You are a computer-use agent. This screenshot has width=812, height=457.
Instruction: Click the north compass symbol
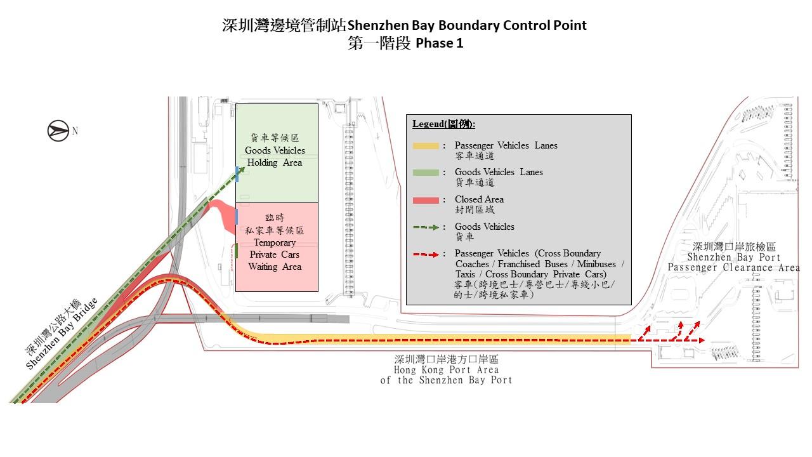(58, 131)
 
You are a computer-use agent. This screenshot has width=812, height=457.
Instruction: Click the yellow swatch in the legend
(426, 146)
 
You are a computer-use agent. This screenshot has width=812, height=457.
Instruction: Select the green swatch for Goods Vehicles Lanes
(426, 173)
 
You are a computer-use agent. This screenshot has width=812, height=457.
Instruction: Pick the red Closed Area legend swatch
(426, 200)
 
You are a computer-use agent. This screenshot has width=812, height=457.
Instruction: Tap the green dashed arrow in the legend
(426, 227)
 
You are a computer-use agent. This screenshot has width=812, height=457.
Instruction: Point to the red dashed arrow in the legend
(426, 254)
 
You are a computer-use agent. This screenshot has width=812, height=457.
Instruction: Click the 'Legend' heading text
(443, 124)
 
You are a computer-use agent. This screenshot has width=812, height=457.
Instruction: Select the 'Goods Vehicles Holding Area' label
(275, 156)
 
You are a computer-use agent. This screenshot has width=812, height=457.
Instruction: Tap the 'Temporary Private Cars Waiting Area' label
(275, 255)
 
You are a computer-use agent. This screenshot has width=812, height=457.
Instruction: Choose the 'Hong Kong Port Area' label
(446, 369)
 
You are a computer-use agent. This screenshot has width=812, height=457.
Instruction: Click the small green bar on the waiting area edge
(236, 251)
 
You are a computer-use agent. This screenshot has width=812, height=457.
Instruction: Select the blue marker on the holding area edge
(237, 173)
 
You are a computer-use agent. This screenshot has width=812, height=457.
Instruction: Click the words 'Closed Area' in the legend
(479, 199)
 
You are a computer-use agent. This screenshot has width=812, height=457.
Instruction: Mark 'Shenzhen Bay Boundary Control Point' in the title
(467, 25)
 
